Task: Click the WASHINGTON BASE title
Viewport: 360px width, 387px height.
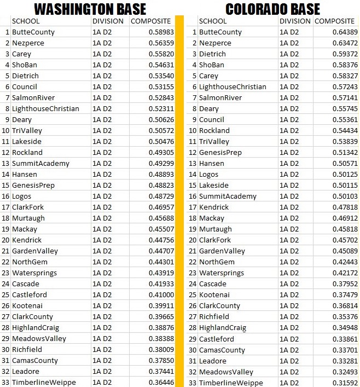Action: (90, 9)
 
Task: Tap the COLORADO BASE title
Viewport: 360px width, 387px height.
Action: (272, 9)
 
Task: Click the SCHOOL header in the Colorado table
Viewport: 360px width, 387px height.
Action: (213, 21)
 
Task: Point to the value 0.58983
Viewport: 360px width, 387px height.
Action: (161, 32)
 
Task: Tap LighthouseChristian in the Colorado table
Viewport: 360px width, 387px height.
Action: (233, 87)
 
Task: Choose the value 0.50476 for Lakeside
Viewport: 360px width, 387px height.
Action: (161, 142)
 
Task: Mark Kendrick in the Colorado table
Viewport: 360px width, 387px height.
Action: (214, 207)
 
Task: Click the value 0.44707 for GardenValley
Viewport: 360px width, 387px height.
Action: (161, 251)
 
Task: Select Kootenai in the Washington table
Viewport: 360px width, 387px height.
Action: (27, 306)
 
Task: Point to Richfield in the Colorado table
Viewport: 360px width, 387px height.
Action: (214, 317)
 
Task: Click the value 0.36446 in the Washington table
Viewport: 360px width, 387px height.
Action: (161, 383)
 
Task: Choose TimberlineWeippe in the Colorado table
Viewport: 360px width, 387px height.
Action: (231, 383)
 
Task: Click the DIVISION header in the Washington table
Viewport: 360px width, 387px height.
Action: (108, 21)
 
